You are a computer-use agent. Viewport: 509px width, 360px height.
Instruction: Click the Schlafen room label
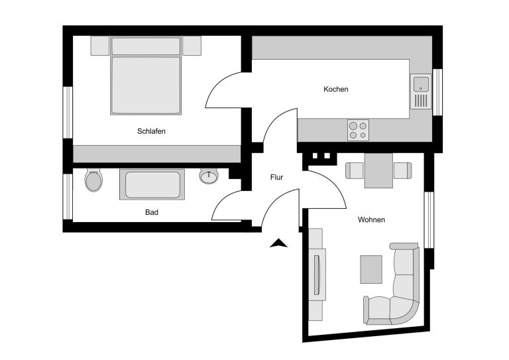click(151, 131)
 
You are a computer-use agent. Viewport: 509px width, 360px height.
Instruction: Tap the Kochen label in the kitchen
click(335, 89)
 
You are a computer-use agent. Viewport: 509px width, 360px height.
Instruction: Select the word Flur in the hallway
click(276, 177)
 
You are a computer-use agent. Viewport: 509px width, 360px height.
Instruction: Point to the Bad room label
click(152, 212)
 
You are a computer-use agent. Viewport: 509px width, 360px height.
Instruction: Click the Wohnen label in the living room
click(371, 219)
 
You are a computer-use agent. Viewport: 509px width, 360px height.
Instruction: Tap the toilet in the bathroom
click(93, 180)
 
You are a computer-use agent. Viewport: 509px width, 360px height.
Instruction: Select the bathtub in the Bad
click(152, 184)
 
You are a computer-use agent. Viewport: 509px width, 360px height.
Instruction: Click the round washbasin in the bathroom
click(209, 176)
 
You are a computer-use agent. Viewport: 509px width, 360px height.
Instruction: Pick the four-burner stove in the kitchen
click(358, 130)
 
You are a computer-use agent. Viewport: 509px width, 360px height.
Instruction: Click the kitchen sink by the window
click(421, 91)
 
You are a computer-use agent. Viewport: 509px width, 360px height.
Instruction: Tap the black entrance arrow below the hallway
click(278, 243)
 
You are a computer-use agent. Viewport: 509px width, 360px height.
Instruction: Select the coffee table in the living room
click(371, 269)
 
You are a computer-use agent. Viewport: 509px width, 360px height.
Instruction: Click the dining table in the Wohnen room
click(378, 170)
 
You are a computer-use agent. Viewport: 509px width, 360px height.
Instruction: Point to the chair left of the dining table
click(355, 170)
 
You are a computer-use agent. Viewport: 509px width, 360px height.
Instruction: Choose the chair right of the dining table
click(402, 170)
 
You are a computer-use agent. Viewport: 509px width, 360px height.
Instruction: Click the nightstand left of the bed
click(100, 46)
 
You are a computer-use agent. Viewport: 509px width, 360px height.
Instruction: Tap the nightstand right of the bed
click(192, 46)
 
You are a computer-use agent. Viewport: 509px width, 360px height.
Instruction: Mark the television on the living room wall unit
click(317, 275)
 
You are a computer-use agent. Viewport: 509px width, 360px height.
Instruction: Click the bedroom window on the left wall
click(68, 112)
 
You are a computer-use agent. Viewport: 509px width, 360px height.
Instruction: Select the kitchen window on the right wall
click(437, 92)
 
